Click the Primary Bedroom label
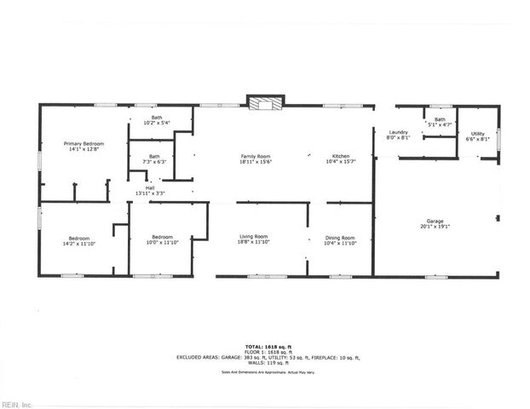coord(84,144)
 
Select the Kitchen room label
coord(341,157)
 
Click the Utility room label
coord(477,133)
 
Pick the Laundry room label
coord(399,133)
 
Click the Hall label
coord(150,187)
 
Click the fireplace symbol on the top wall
coord(262,103)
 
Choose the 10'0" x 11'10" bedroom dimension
coord(163,242)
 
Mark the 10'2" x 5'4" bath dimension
coord(157,123)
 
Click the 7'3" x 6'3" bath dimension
coord(154,162)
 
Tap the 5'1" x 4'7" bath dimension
coord(440,125)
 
